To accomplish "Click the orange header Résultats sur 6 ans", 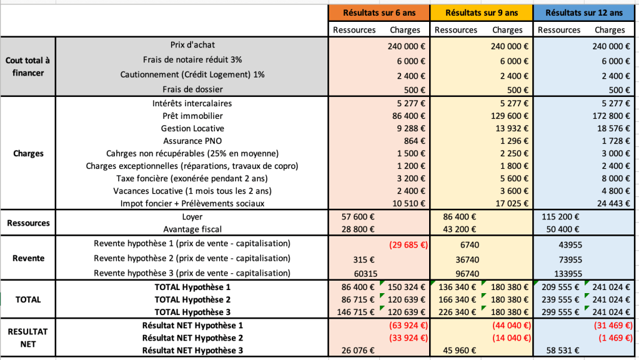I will pos(379,12).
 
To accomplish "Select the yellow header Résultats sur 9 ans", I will pos(482,12).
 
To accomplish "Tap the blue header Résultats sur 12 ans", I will pos(584,12).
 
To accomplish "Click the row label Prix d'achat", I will pos(192,45).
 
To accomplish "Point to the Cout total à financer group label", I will pos(27,67).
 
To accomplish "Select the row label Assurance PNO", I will pos(192,141).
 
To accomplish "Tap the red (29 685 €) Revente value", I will pos(407,244).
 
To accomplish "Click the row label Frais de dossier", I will pos(192,89).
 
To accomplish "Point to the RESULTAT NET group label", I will pos(27,338).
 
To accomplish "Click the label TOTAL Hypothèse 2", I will pos(192,299).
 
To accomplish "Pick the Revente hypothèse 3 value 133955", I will pos(568,273).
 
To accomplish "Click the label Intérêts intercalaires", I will pos(192,103).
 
